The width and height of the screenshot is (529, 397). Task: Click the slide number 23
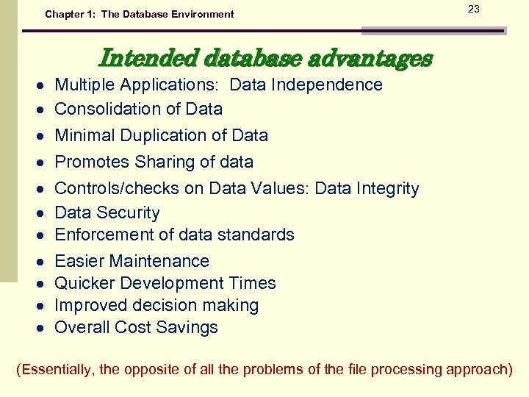(x=474, y=9)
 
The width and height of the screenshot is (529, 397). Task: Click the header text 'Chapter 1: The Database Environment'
(x=140, y=14)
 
